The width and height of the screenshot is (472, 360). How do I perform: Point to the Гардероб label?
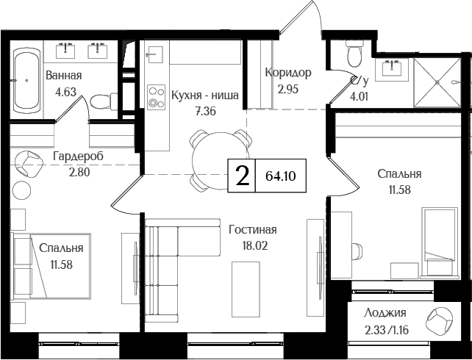coord(77,156)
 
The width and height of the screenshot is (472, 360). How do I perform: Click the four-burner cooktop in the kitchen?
coord(156,97)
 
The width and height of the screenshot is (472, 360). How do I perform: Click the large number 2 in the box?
coord(241,176)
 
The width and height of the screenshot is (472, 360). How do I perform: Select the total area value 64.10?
coord(279,176)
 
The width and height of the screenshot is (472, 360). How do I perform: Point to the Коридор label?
coord(288,73)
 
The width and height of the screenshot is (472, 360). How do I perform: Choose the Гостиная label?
coord(252,229)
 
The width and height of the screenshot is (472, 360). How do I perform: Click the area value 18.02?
coord(252,245)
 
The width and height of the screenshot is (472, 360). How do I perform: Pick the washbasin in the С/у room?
coord(390,70)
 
